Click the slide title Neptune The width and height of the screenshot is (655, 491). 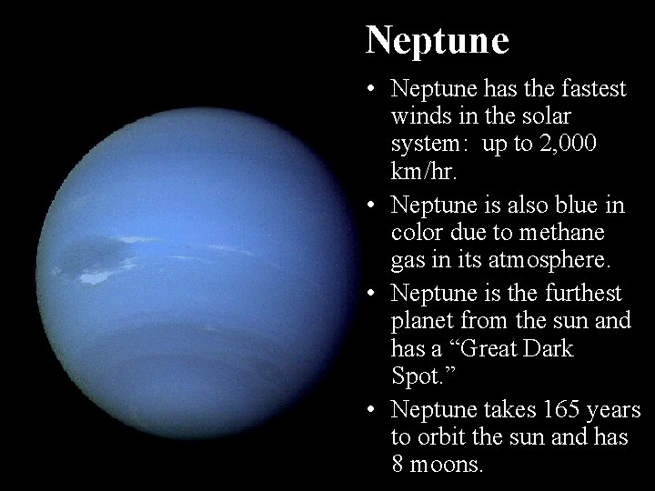(437, 39)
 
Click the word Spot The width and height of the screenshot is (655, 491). (419, 376)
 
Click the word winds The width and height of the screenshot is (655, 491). (419, 117)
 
